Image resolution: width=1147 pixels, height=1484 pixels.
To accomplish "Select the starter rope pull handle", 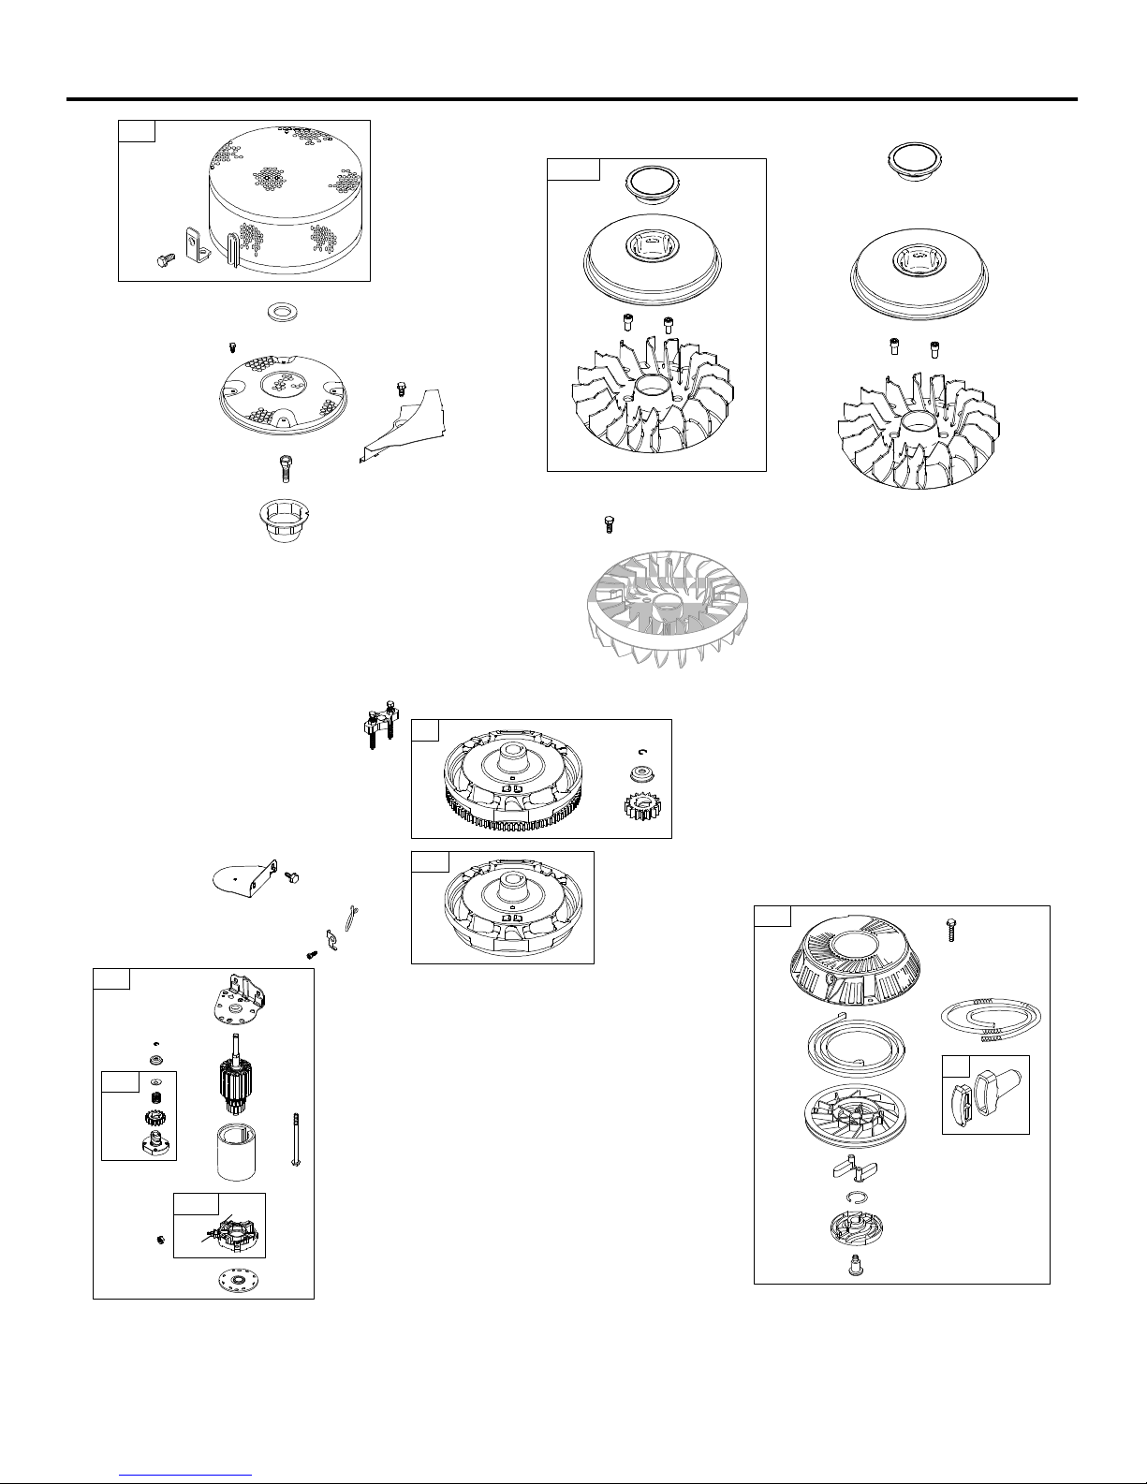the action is [x=985, y=1093].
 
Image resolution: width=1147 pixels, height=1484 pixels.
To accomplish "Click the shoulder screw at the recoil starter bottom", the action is [x=850, y=1269].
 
